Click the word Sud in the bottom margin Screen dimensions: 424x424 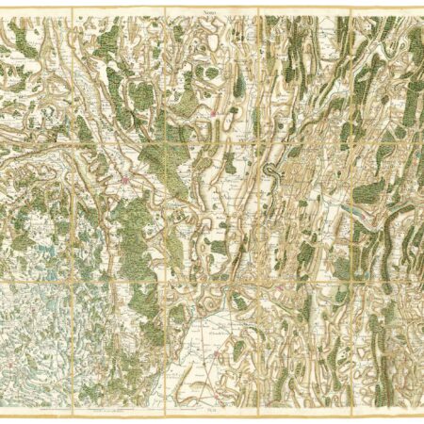point(211,412)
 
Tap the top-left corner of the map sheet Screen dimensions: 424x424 point(3,9)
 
